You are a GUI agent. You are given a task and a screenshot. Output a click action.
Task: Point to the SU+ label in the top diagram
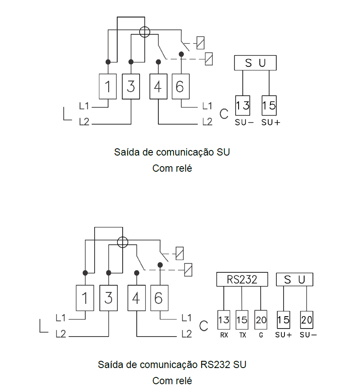point(271,122)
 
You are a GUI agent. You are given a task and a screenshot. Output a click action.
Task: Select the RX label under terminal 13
point(224,335)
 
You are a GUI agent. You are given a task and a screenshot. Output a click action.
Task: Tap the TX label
point(243,335)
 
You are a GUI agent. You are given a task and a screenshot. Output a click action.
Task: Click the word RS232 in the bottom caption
point(215,365)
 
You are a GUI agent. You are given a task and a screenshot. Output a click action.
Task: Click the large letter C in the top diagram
point(224,114)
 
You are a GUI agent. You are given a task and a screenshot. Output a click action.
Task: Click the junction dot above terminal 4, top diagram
point(158,62)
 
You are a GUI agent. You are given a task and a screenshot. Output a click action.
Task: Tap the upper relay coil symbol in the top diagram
point(200,43)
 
